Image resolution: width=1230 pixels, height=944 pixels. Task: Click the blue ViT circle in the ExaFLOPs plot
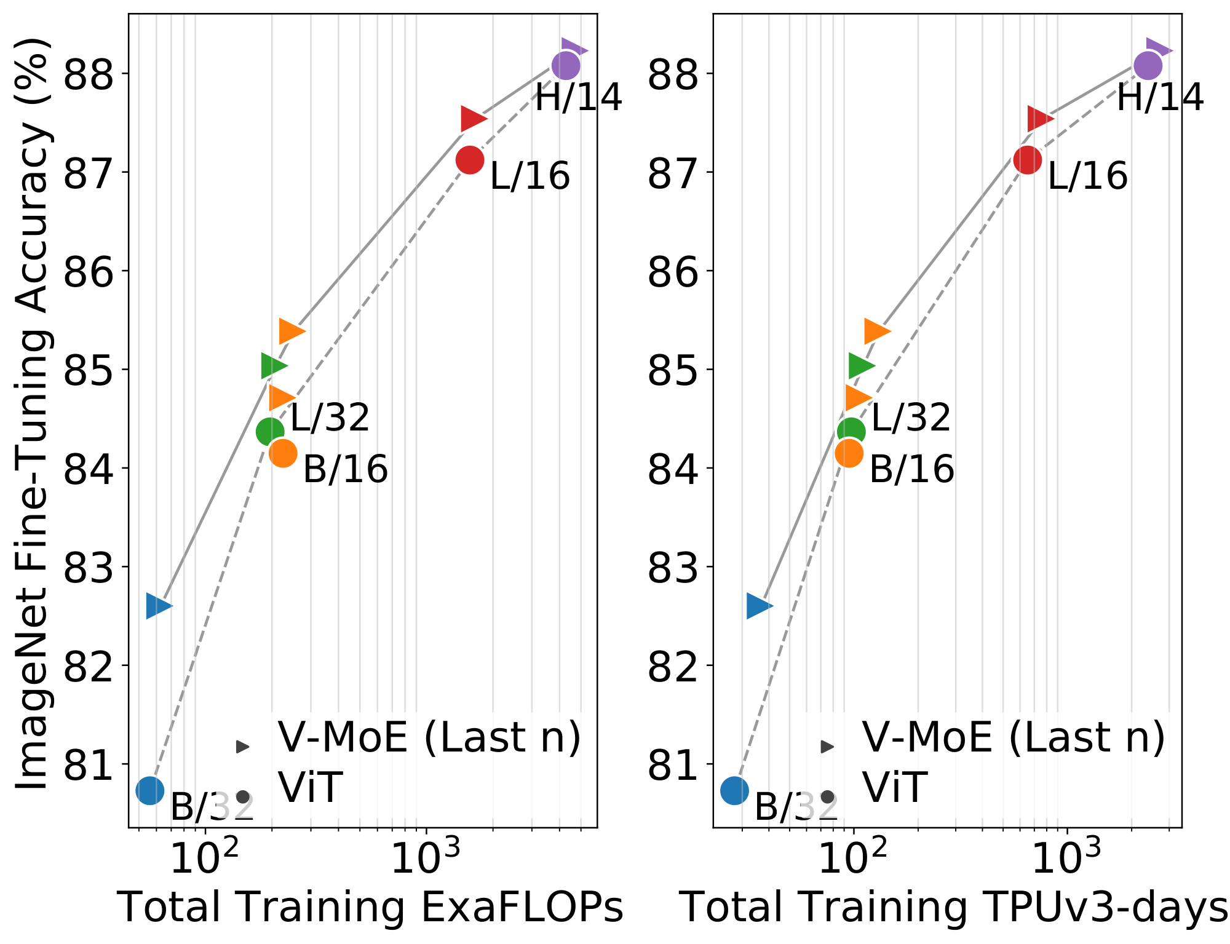pos(150,790)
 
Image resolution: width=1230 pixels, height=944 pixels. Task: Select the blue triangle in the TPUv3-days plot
pos(758,606)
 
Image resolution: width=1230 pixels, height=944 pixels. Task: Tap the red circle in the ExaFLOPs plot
pos(470,160)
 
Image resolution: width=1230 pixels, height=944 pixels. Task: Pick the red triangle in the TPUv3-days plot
pos(1039,119)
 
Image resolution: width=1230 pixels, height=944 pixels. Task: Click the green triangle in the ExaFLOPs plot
pos(272,366)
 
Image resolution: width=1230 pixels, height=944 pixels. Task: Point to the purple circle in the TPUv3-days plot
pos(1148,65)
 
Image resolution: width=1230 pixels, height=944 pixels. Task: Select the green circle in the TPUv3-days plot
pos(851,431)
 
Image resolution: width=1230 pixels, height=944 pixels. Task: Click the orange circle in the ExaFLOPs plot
pos(283,453)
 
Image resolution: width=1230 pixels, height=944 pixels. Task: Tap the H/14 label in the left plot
pos(578,97)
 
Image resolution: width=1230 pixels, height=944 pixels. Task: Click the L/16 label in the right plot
pos(1087,176)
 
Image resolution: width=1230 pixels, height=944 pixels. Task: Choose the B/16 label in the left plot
pos(346,469)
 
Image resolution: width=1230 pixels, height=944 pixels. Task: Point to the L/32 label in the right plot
pos(911,418)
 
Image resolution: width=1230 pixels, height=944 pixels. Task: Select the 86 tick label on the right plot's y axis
pos(673,272)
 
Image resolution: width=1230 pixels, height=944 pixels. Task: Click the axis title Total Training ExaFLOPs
pos(370,907)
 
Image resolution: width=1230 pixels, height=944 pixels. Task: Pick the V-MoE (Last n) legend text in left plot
pos(429,737)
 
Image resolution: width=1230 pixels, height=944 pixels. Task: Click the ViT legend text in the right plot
pos(894,788)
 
